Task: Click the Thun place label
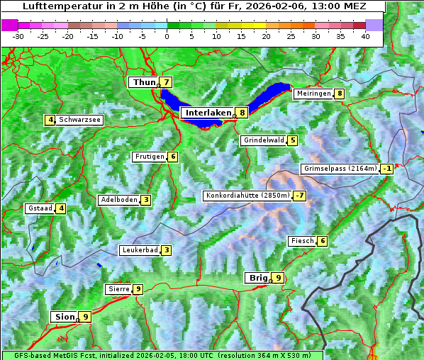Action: tap(143, 83)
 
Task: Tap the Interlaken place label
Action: tap(208, 113)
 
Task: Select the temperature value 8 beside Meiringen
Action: tap(340, 94)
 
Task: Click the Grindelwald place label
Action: tap(264, 140)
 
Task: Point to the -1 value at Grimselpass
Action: tap(386, 169)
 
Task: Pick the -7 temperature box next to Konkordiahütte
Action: tap(300, 196)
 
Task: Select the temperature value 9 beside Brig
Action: tap(278, 278)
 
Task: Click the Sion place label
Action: tap(63, 317)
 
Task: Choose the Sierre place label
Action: tap(118, 289)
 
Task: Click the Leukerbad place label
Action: tap(139, 250)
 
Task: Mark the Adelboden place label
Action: tap(118, 200)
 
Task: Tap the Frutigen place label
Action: tap(150, 157)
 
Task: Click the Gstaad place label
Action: tap(40, 208)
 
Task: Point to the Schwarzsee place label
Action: tap(80, 120)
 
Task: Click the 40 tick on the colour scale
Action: tap(365, 36)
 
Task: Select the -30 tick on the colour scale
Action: tap(18, 36)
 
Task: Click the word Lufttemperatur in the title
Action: tap(55, 6)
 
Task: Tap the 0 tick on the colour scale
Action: tap(167, 36)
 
